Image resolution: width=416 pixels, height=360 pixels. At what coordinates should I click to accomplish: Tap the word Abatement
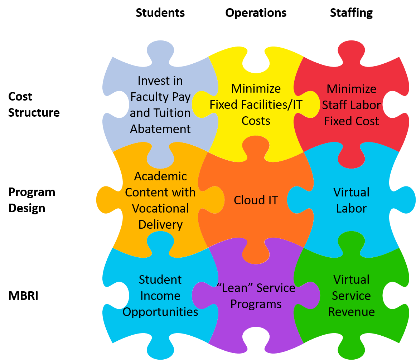(x=160, y=129)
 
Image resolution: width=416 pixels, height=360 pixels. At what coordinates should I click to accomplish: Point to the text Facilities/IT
(x=274, y=105)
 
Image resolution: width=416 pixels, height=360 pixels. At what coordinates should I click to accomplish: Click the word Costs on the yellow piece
(x=256, y=121)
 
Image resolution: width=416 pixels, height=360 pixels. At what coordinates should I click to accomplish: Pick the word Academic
(x=160, y=176)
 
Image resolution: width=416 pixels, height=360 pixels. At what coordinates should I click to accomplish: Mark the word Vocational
(x=160, y=208)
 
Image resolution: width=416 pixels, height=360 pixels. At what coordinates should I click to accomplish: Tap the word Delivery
(x=160, y=224)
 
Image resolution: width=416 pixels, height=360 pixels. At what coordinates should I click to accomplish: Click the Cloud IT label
(x=256, y=200)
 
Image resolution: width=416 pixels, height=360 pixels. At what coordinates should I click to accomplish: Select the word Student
(x=160, y=279)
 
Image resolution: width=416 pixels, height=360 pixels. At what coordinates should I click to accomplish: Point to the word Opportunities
(x=160, y=312)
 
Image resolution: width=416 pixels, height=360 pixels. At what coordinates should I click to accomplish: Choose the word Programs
(x=256, y=304)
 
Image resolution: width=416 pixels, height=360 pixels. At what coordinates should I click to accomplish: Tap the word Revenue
(x=352, y=312)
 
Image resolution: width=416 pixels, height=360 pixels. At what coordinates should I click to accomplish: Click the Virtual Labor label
(x=352, y=200)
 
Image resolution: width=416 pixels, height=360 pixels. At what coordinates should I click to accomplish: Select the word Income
(x=160, y=296)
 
